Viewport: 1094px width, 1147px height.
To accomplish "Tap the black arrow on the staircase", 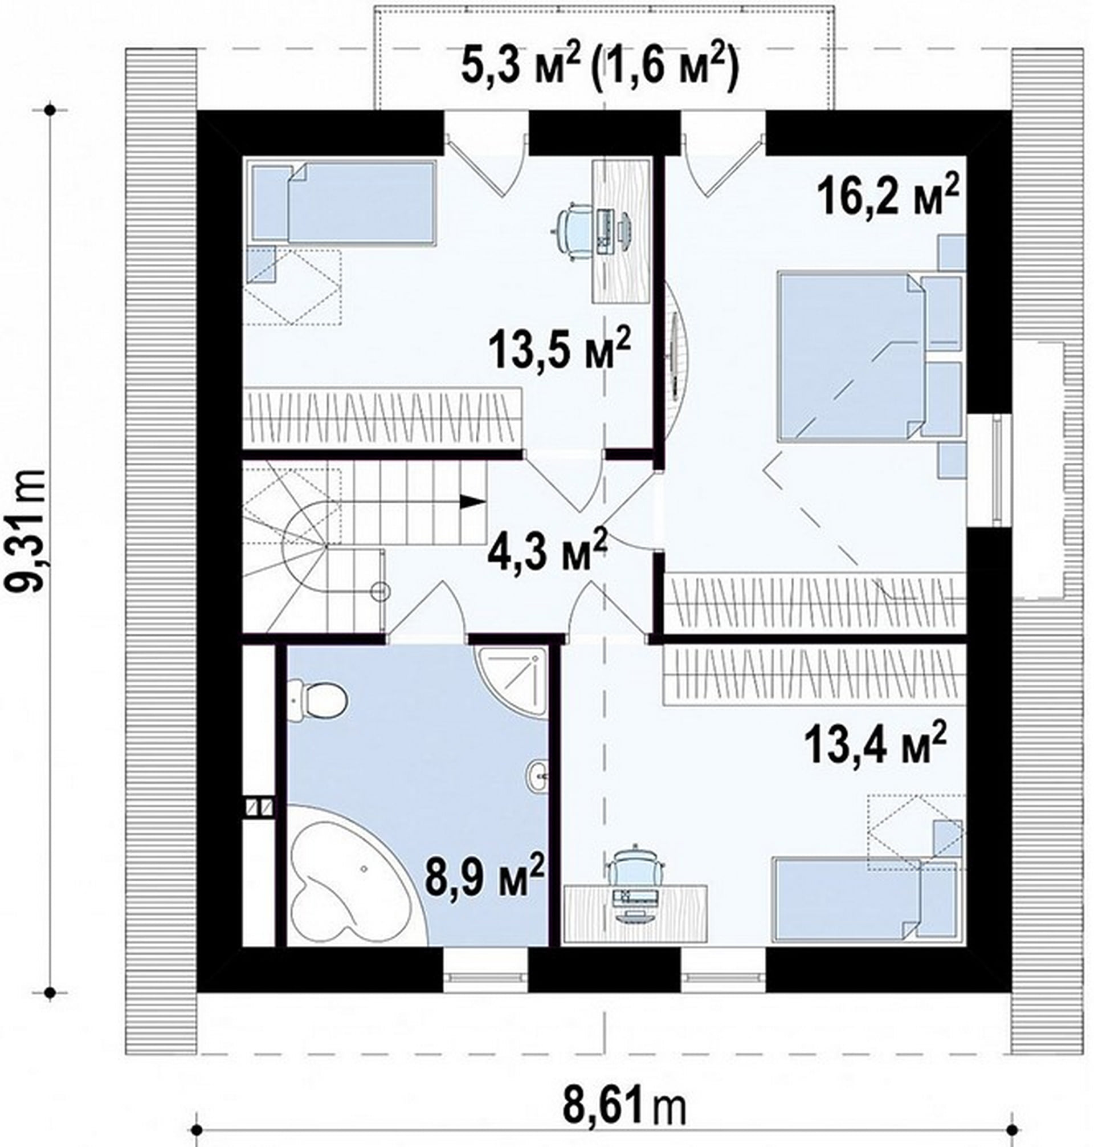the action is (x=472, y=501).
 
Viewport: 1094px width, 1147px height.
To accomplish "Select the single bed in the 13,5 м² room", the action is (x=344, y=202).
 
